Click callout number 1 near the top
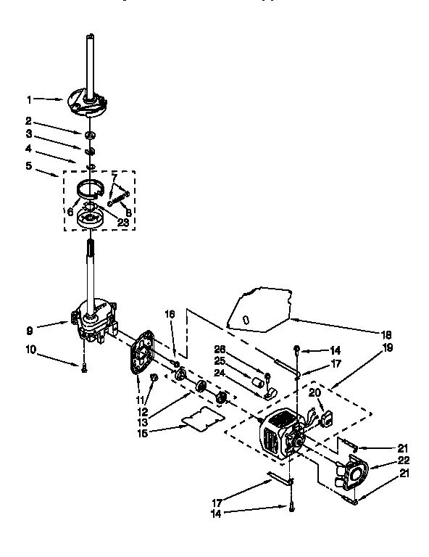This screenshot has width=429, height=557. (x=30, y=99)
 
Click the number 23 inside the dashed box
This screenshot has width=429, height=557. (x=122, y=223)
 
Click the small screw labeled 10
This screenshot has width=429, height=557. (x=85, y=368)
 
